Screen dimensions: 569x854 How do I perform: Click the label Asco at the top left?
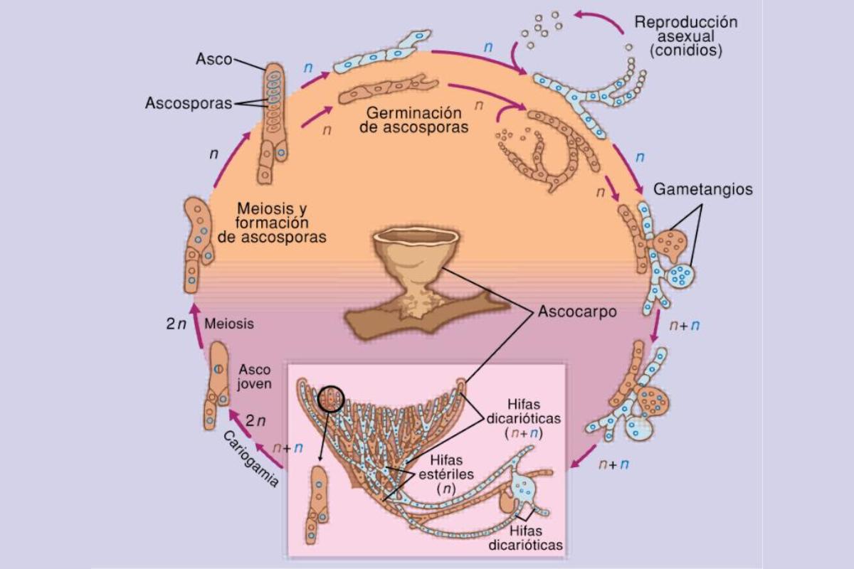[213, 60]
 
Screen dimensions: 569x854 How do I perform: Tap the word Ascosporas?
[188, 103]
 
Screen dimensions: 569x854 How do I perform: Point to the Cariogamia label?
[248, 459]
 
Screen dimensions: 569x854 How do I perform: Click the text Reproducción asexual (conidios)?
[685, 36]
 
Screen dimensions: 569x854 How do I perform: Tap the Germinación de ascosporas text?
[420, 120]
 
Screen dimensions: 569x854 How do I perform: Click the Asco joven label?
[255, 376]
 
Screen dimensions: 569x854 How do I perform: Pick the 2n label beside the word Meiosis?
[176, 324]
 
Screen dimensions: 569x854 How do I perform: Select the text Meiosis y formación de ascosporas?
[273, 223]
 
